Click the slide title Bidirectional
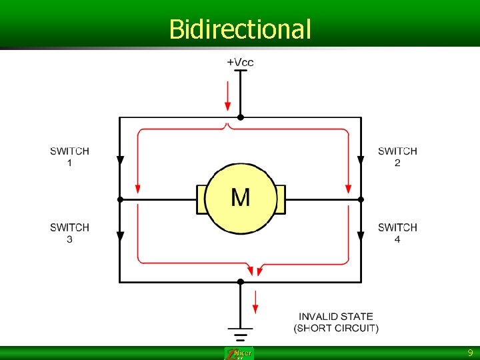(240, 29)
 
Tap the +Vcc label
(240, 62)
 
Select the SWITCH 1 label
(69, 157)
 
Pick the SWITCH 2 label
(397, 157)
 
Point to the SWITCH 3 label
(69, 233)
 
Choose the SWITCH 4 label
(397, 233)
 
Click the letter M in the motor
(241, 197)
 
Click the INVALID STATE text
(336, 316)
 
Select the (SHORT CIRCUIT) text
(336, 328)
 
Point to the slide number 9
(470, 353)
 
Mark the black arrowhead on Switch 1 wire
(120, 160)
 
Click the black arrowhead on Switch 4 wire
(361, 237)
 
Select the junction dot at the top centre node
(241, 117)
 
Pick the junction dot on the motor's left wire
(120, 199)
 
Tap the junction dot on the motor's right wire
(361, 199)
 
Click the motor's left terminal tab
(200, 199)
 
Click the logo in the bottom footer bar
(239, 353)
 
